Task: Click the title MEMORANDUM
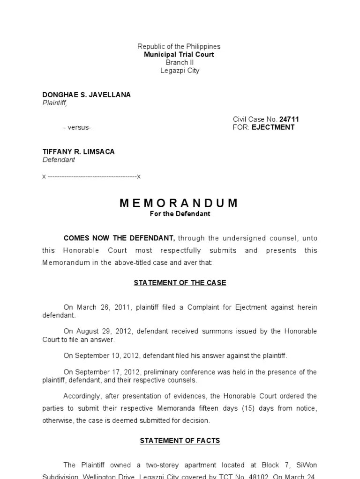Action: [179, 203]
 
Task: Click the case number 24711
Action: [289, 119]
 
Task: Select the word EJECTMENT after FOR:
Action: [273, 127]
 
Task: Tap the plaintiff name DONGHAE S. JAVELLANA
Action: [87, 95]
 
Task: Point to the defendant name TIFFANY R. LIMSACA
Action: [78, 152]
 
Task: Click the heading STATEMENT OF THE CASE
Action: [180, 283]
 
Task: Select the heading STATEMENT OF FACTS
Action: [180, 441]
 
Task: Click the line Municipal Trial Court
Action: [179, 55]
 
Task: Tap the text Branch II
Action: [179, 63]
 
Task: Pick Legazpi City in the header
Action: [179, 71]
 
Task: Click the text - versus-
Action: [77, 127]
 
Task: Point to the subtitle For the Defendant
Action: [180, 214]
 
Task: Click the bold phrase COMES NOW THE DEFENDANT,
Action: [120, 238]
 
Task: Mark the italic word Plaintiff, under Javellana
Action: [55, 103]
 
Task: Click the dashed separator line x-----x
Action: [91, 177]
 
